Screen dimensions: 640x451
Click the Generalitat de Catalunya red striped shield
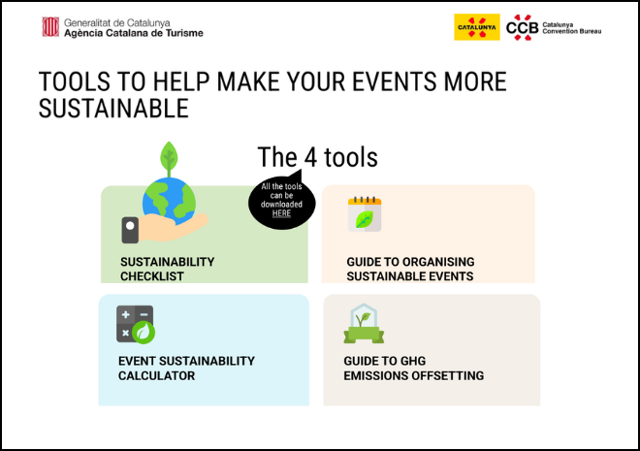[50, 27]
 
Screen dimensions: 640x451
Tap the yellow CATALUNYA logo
[477, 27]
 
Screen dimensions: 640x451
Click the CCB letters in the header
[522, 28]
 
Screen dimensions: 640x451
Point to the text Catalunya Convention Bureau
[571, 28]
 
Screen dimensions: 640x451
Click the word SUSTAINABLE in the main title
[113, 109]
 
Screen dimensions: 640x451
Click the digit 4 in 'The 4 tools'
[310, 157]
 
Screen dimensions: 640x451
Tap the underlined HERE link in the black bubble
[281, 213]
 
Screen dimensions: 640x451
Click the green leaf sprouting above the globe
[169, 157]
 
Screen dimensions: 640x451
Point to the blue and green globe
[169, 201]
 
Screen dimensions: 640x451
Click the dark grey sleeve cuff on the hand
[130, 230]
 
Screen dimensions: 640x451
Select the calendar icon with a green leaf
[365, 214]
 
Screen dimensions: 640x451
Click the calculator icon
[136, 325]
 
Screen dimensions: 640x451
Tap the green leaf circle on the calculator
[144, 333]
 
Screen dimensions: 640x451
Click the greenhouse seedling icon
[364, 324]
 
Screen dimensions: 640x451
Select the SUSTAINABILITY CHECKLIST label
[168, 269]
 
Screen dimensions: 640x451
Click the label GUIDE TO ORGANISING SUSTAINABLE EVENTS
[410, 269]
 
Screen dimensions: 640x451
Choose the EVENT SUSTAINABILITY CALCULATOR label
[186, 369]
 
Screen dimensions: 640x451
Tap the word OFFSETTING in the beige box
[448, 375]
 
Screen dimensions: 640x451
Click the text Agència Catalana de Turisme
[134, 33]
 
